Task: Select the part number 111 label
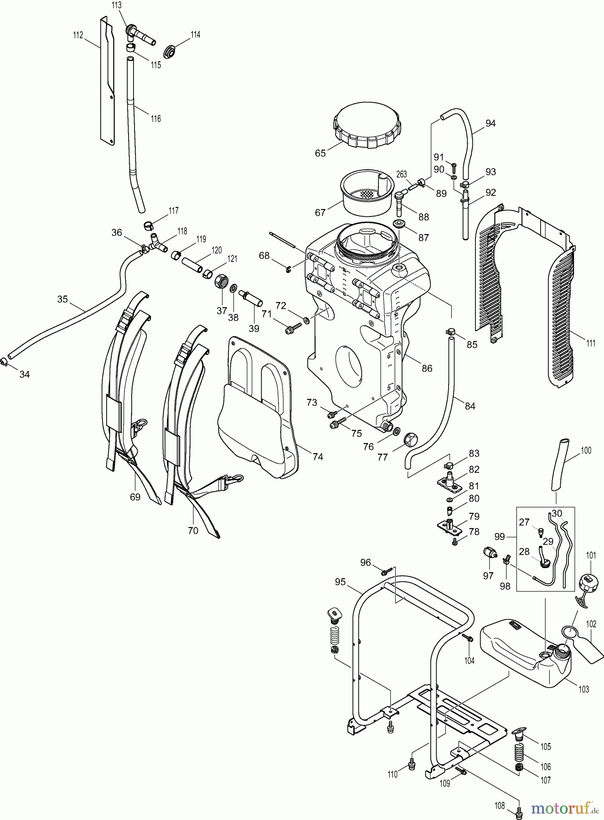(x=591, y=343)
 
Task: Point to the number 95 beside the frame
(x=340, y=582)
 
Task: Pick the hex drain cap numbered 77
(x=409, y=441)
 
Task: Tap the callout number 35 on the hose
(x=62, y=299)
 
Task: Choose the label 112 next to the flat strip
(x=78, y=35)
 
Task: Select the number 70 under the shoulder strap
(x=193, y=530)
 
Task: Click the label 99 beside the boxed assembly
(x=500, y=537)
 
